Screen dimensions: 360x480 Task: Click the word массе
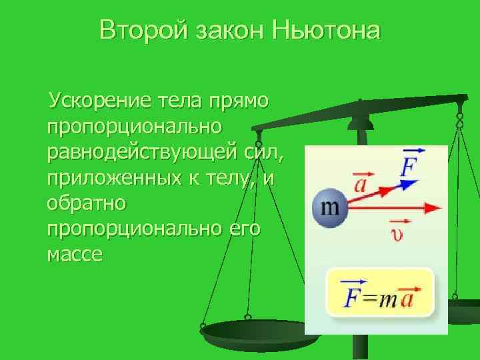coord(75,254)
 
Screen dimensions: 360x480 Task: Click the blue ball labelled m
coord(330,208)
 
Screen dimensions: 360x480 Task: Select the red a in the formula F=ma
coord(408,297)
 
